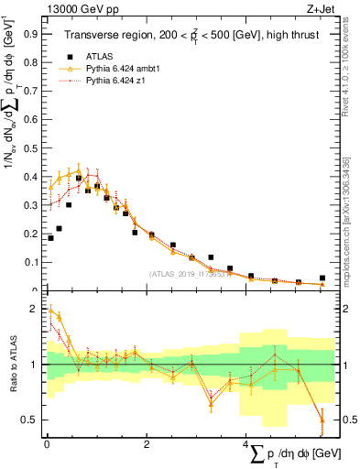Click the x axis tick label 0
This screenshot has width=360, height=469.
click(46, 443)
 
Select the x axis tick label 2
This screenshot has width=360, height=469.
click(147, 443)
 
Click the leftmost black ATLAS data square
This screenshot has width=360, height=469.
click(50, 238)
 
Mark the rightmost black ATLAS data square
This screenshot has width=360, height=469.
click(322, 278)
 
